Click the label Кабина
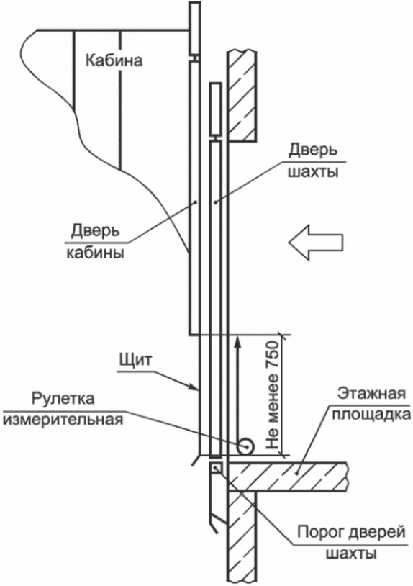coord(114,60)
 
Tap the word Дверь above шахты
coord(313,150)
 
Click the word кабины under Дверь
coord(95,253)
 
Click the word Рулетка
coord(63,398)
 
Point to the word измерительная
coord(63,419)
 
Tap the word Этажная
coord(371,394)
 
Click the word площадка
coord(372,415)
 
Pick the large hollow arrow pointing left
coord(316,243)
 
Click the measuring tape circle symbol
coord(245,446)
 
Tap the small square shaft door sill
coord(216,468)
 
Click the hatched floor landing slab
coord(288,477)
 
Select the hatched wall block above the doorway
coord(242,96)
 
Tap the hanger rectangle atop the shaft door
coord(216,109)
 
